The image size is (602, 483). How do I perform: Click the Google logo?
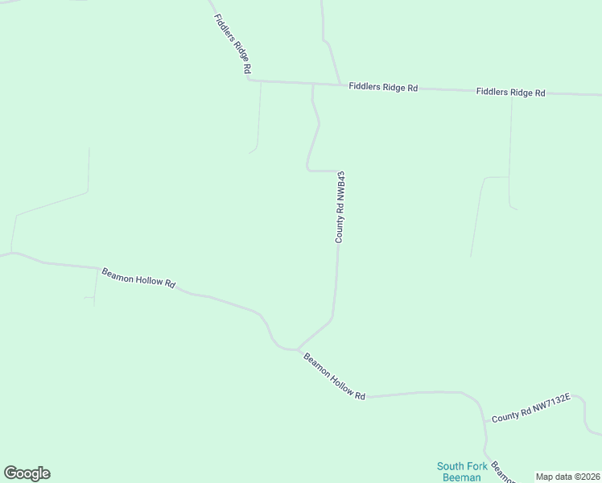(x=27, y=473)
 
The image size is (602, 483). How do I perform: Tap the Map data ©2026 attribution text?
(x=568, y=477)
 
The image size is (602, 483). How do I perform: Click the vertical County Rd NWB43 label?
(x=340, y=207)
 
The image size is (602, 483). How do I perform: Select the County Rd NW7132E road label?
(x=530, y=408)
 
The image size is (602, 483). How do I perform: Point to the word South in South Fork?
(x=451, y=466)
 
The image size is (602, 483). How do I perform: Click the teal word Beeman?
(x=459, y=477)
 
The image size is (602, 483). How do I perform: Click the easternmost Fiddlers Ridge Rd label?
(x=510, y=93)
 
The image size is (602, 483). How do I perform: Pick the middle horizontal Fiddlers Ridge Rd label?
(x=383, y=87)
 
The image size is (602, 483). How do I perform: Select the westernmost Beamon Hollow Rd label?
(x=138, y=278)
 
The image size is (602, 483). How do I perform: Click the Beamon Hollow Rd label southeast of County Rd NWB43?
(x=335, y=375)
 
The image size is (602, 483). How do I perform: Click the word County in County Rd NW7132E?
(x=504, y=416)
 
